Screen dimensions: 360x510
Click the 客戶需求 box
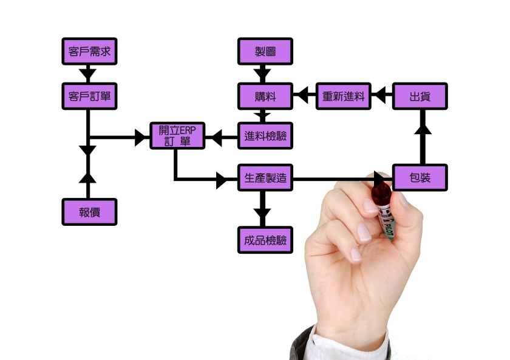89,52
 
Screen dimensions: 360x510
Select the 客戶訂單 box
89,96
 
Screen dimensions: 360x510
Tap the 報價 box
89,212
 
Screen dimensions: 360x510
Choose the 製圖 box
265,52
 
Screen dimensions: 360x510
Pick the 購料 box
265,96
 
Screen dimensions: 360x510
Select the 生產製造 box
265,179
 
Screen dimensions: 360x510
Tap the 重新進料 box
344,96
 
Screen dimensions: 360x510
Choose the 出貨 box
420,96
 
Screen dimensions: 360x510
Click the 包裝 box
420,178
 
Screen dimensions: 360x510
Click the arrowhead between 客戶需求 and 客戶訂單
89,75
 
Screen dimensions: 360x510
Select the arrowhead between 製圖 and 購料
262,75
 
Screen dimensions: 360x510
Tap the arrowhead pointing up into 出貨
423,125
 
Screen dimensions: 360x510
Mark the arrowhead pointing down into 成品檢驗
262,214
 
